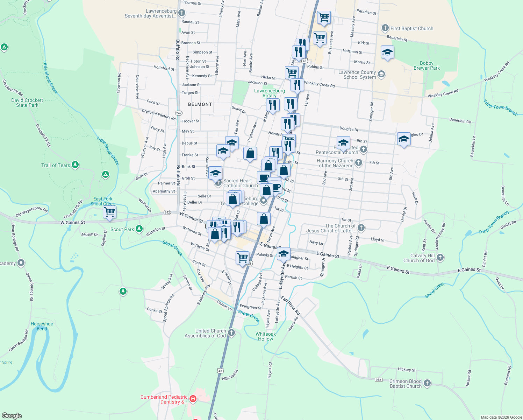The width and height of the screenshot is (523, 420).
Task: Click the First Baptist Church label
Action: (x=411, y=28)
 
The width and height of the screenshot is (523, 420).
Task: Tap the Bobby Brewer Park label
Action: (x=427, y=66)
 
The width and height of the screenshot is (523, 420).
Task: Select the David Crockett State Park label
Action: (x=27, y=103)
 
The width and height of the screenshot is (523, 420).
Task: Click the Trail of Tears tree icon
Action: (x=75, y=164)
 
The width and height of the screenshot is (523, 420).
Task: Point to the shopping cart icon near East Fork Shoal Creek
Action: (x=110, y=212)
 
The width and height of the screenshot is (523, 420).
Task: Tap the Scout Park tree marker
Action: (x=139, y=229)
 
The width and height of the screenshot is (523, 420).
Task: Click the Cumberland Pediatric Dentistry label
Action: (x=164, y=399)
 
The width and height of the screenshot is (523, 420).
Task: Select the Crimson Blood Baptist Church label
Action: (x=406, y=384)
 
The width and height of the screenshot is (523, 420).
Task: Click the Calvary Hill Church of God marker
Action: (x=440, y=258)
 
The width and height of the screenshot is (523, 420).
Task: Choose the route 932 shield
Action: (x=378, y=380)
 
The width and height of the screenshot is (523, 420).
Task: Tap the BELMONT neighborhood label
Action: (x=200, y=104)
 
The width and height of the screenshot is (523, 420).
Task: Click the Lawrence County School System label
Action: (x=357, y=75)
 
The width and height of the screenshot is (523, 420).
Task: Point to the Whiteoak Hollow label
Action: (x=266, y=336)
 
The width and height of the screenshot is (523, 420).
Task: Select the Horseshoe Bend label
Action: (x=42, y=326)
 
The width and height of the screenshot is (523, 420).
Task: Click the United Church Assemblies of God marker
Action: (x=231, y=332)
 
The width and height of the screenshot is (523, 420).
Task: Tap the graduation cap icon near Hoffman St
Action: (x=387, y=52)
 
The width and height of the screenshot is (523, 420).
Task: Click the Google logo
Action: (x=12, y=416)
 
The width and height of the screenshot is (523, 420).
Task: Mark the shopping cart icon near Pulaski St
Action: (x=242, y=258)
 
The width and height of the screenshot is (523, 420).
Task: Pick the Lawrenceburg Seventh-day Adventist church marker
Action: (x=181, y=13)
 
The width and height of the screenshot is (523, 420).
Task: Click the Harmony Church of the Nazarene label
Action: (x=335, y=163)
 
